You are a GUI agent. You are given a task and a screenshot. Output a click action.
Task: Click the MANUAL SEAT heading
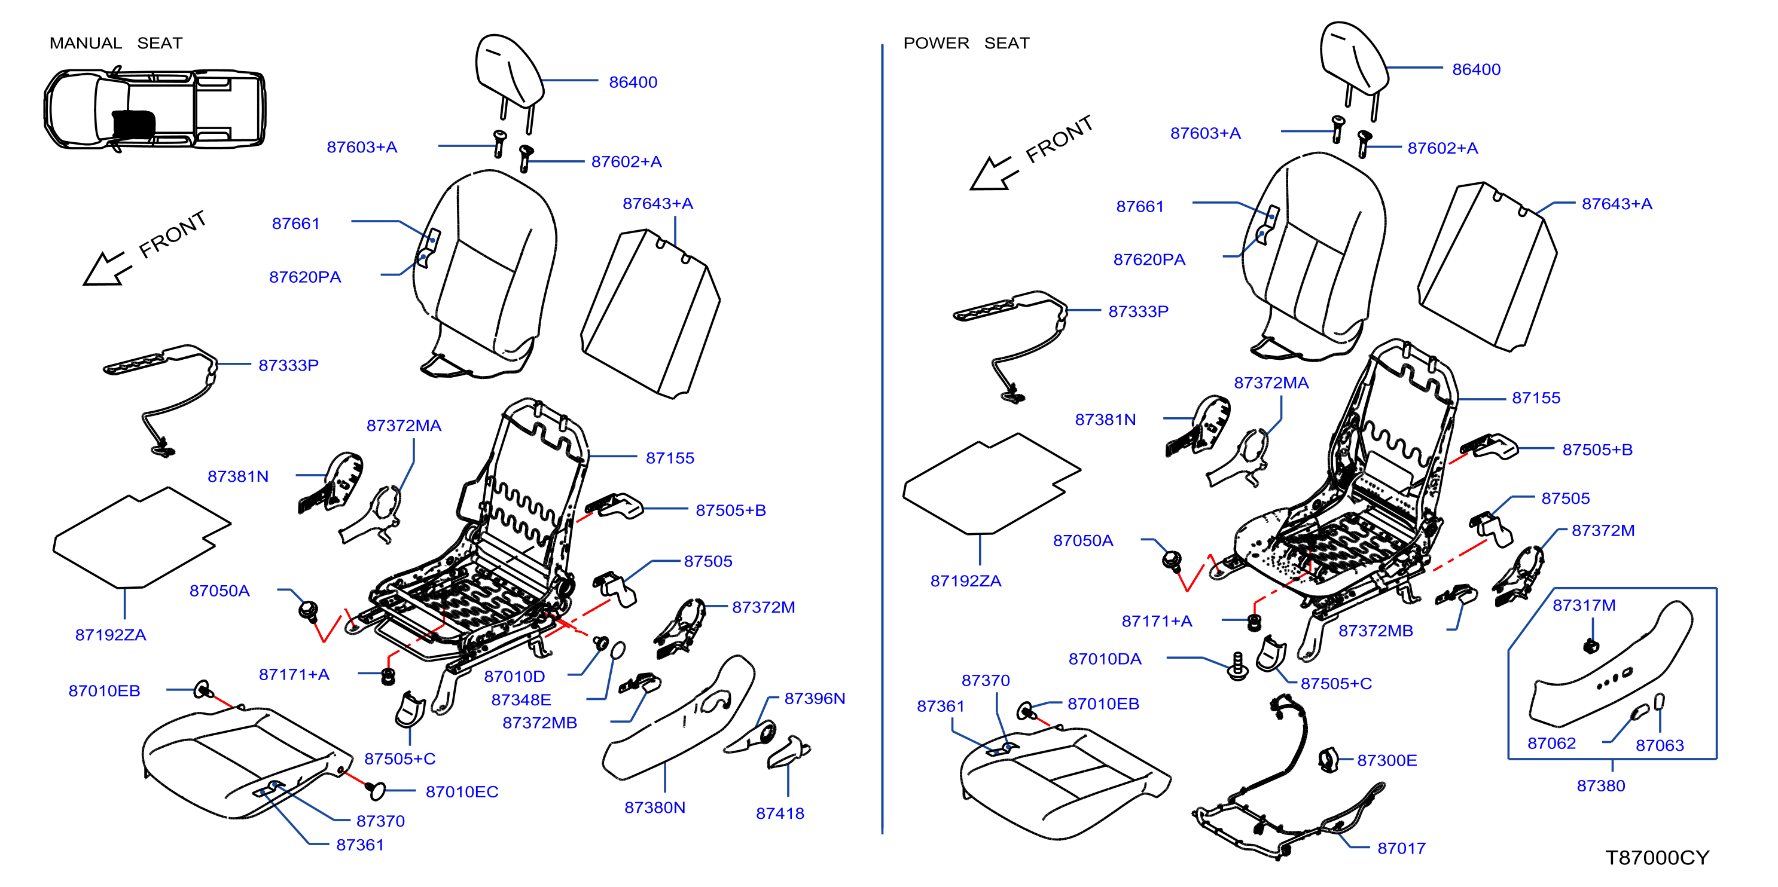116,43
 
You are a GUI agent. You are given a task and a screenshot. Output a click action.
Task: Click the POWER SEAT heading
966,43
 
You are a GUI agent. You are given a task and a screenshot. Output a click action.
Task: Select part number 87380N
654,807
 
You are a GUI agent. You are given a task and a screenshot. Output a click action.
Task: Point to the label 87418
780,813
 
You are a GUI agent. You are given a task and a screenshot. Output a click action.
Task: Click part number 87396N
815,698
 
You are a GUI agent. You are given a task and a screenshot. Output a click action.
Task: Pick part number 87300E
1387,760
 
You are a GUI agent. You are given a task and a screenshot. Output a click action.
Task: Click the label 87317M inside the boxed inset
1584,605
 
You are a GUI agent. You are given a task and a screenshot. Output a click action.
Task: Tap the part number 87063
1659,745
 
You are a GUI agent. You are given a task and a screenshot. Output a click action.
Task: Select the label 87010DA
1105,659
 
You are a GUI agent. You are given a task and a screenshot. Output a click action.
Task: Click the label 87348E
521,699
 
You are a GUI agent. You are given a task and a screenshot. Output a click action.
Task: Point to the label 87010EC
462,791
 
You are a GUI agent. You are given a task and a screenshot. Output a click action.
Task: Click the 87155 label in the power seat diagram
1536,397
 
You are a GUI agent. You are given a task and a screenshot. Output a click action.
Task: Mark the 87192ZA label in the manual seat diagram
111,635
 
